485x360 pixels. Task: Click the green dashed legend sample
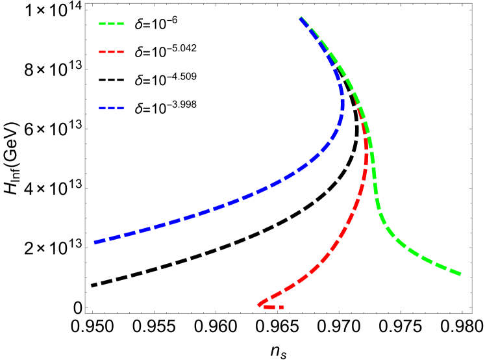(111, 24)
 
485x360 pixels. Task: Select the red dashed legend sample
(111, 51)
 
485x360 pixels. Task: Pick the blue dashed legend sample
(111, 109)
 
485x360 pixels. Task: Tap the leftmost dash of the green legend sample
(102, 24)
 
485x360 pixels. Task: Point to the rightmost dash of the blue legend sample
(120, 109)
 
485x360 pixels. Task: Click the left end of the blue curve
(95, 242)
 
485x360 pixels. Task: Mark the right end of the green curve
(460, 274)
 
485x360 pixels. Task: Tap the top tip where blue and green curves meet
(300, 19)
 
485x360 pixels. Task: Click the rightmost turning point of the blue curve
(342, 104)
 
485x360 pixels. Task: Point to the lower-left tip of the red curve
(259, 304)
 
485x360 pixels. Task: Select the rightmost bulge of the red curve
(366, 159)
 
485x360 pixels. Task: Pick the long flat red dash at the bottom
(269, 307)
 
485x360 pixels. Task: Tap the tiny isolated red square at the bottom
(281, 307)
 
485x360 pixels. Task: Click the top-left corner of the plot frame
(85, 4)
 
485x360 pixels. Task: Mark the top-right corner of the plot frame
(471, 4)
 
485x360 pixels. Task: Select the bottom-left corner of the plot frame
(85, 313)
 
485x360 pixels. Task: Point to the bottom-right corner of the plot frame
(471, 313)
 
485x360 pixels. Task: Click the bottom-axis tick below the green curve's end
(462, 311)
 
